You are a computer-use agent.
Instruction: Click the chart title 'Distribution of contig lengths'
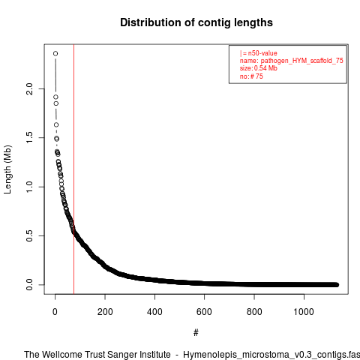tap(196, 22)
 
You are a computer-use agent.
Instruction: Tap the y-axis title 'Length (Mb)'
tap(7, 169)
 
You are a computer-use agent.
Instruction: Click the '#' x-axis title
tap(196, 333)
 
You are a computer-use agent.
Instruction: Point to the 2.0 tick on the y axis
tap(29, 88)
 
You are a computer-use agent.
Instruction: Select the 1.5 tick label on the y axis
tap(29, 137)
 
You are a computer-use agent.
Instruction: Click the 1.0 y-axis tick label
tap(29, 187)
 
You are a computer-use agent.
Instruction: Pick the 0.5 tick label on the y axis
tap(29, 235)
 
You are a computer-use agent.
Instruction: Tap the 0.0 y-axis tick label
tap(29, 285)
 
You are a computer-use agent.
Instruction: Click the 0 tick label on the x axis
tap(55, 312)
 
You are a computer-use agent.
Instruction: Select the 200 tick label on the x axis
tap(105, 312)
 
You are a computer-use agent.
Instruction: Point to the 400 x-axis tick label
tap(154, 312)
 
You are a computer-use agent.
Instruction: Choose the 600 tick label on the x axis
tap(204, 312)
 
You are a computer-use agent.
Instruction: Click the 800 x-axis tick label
tap(254, 312)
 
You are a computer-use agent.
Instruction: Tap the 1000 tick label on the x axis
tap(304, 312)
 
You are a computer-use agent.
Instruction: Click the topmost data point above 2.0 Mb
tap(55, 53)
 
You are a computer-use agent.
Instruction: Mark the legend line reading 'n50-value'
tap(259, 53)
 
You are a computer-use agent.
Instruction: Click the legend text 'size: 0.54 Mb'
tap(259, 68)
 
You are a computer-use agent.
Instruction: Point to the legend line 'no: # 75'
tap(251, 76)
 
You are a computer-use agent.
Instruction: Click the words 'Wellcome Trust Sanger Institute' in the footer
tap(106, 355)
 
